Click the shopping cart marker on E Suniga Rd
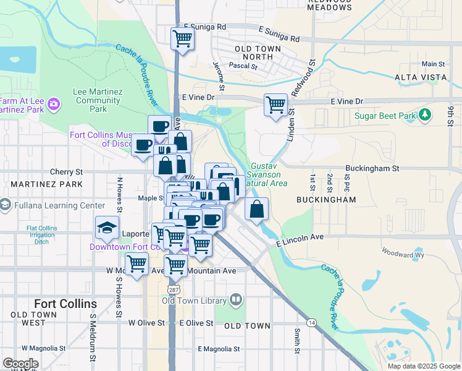(x=183, y=38)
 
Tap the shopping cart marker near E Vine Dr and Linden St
(x=275, y=104)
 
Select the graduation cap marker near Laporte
(x=107, y=228)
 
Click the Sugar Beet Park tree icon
(x=424, y=115)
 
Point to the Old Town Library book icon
(x=235, y=301)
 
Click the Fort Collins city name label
(x=65, y=304)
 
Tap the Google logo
(x=21, y=364)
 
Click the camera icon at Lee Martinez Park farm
(x=54, y=103)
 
